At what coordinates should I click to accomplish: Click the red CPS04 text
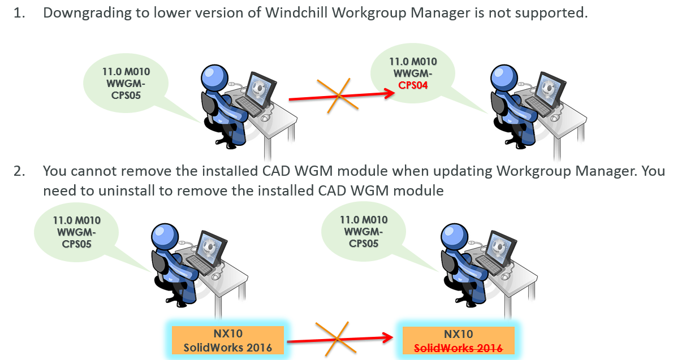[413, 85]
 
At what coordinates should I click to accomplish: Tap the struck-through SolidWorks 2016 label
[458, 348]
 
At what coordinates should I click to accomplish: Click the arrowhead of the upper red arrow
[389, 93]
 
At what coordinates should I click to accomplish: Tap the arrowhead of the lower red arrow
[387, 338]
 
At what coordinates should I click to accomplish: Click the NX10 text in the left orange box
[228, 333]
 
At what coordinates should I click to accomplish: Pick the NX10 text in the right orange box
[459, 334]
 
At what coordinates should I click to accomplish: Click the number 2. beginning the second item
[20, 171]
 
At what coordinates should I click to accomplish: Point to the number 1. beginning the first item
[20, 13]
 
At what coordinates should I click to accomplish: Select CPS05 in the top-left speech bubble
[126, 96]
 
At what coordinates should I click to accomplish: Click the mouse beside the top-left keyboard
[266, 117]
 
